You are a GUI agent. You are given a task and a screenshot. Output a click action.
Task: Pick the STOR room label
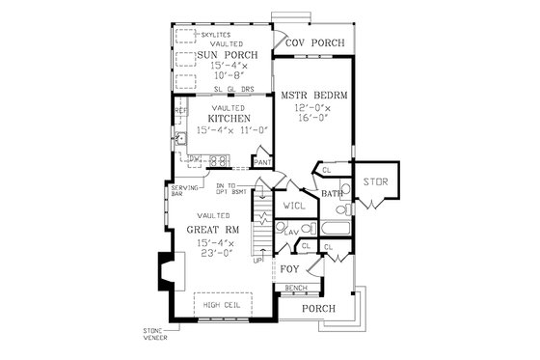tap(375, 181)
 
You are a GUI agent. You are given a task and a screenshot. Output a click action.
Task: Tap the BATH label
tap(333, 194)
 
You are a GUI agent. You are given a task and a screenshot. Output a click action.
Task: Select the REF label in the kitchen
tap(180, 111)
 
